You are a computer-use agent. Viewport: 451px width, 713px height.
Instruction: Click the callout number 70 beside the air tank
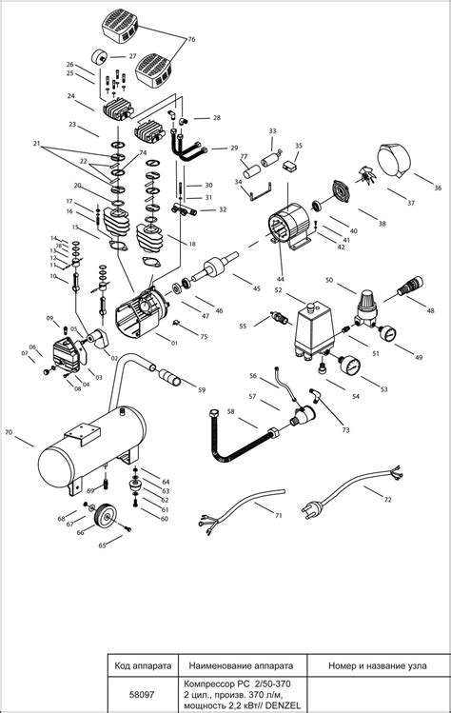tap(9, 433)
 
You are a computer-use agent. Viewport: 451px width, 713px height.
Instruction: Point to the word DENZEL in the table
tap(270, 704)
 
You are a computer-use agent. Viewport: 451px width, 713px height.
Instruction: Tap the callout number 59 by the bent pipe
tap(201, 389)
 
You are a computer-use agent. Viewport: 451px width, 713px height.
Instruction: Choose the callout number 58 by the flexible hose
tap(230, 411)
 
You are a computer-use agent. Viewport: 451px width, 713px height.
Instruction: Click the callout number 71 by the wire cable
tap(278, 515)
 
